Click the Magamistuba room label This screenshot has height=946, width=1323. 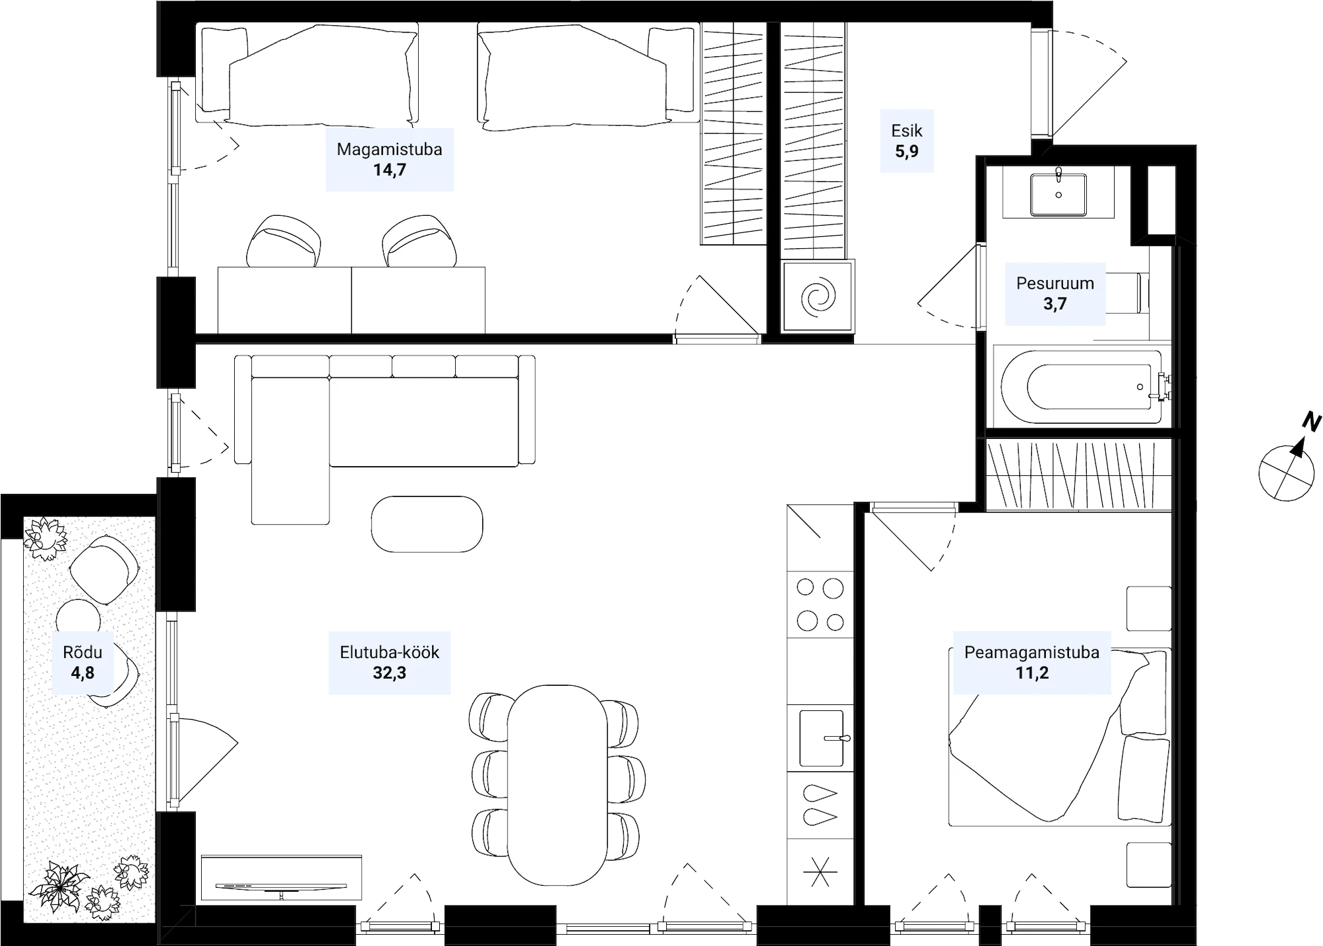coord(389,149)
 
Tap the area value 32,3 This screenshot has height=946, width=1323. coord(390,673)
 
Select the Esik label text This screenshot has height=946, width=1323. coord(906,130)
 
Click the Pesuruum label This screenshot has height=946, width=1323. coord(1055,283)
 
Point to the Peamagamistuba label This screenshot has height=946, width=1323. coord(1032,652)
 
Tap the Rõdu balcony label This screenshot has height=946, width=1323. coord(83,652)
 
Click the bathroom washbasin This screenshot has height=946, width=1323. coord(1058,195)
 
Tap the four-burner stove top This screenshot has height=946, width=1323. coord(820,604)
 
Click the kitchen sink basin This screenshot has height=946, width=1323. coord(822,738)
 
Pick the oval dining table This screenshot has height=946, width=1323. coord(557,785)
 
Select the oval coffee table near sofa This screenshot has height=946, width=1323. coord(427,524)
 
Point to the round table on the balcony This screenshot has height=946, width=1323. coord(79,621)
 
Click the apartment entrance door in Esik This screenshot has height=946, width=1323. coord(1078,84)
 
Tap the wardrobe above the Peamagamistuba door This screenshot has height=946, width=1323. coord(1078,476)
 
